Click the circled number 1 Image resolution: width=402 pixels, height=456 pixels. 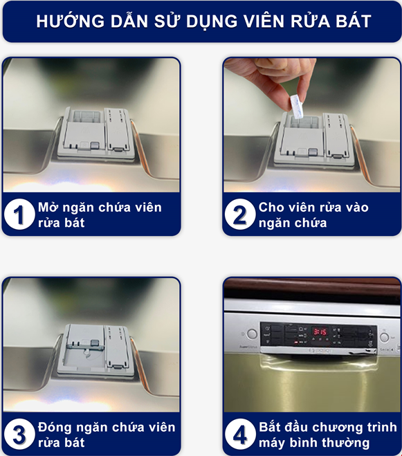19,215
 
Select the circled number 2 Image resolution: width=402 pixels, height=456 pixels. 240,215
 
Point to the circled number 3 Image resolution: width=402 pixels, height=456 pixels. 19,434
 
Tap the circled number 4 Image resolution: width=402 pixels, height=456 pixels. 240,434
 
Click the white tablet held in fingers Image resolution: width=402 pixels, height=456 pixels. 297,106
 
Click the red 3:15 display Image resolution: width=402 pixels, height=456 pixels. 320,331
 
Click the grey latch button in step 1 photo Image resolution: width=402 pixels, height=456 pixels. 95,145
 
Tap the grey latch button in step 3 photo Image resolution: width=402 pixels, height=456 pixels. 95,343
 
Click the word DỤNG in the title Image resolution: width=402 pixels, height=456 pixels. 212,21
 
